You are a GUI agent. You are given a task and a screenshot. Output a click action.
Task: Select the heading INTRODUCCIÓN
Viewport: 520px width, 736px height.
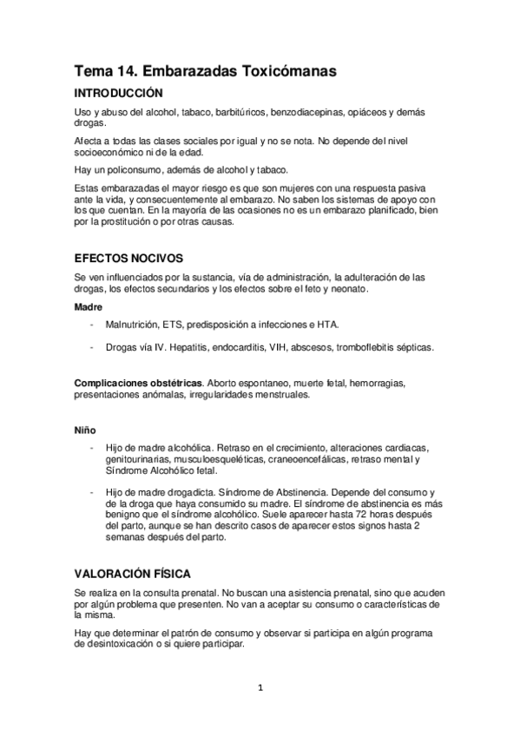(118, 94)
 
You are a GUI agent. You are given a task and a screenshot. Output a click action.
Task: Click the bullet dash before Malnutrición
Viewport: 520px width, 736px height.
(92, 325)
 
